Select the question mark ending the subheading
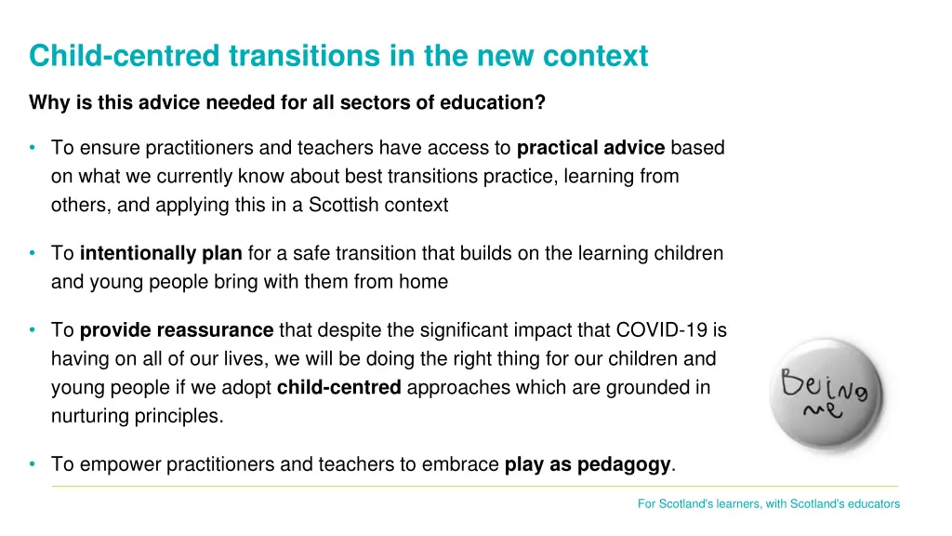[x=541, y=103]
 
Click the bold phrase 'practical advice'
[x=590, y=148]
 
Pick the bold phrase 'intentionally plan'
[x=161, y=253]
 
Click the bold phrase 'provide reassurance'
[x=177, y=330]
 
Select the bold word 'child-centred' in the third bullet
[x=338, y=388]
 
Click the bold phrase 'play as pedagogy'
[x=588, y=464]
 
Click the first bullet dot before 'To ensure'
[x=33, y=148]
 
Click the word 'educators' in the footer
[x=875, y=504]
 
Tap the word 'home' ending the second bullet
[x=424, y=282]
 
